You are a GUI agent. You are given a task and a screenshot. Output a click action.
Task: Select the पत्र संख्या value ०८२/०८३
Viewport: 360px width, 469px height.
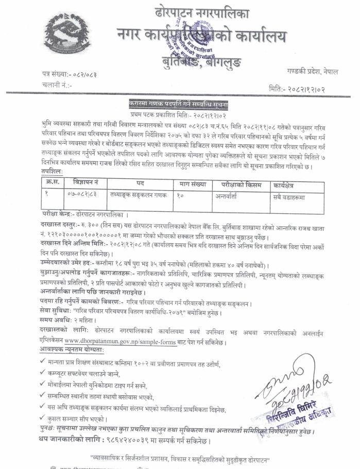(82, 75)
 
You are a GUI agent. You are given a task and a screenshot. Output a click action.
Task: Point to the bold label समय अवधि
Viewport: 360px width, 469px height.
(57, 321)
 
